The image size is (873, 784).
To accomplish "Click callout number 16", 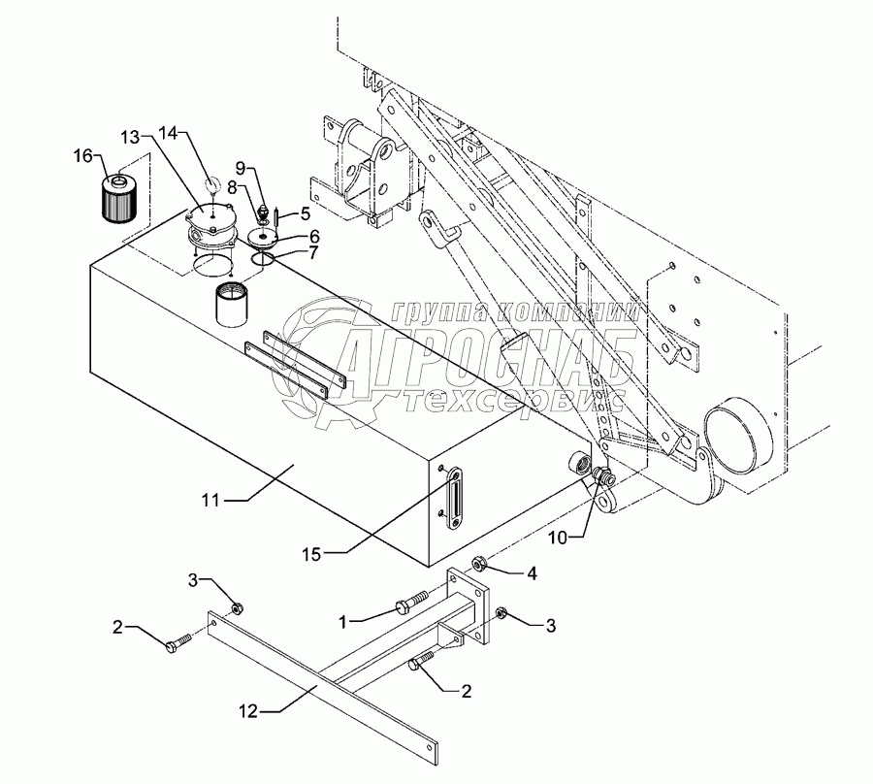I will coord(83,154).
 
